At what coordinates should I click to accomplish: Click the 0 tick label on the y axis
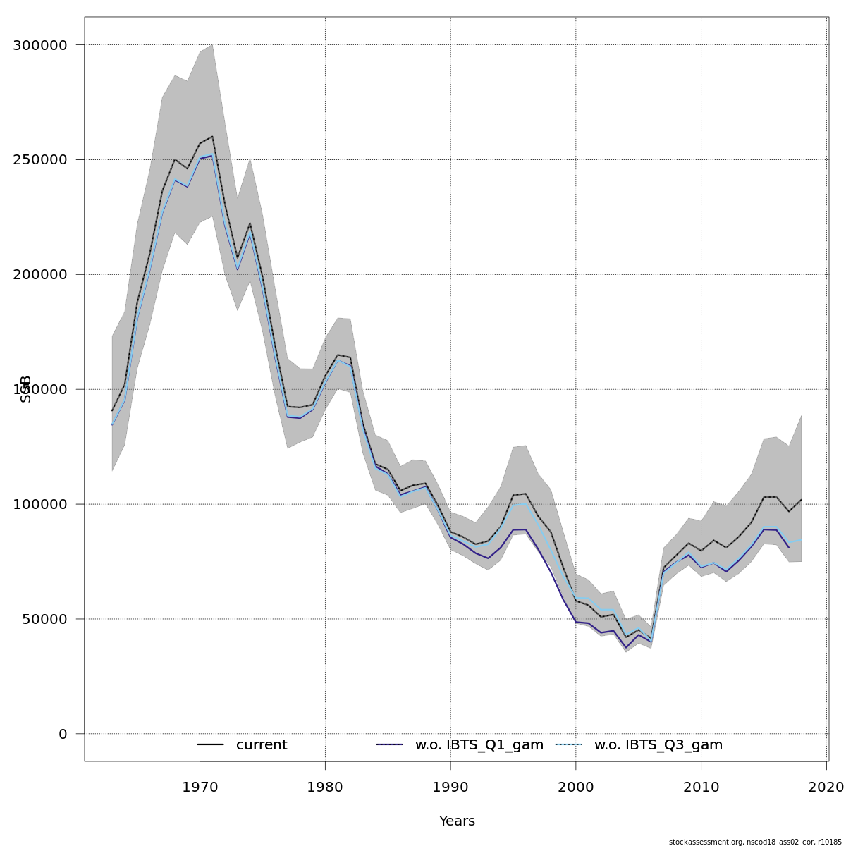(63, 734)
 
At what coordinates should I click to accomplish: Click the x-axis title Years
(457, 821)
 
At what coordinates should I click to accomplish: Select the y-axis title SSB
(26, 389)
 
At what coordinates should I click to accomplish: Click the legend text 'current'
(262, 745)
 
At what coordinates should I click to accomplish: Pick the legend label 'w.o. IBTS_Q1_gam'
(479, 745)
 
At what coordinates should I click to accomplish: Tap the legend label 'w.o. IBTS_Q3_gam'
(658, 745)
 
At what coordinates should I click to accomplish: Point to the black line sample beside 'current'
(210, 745)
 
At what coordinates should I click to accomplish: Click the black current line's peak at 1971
(212, 137)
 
